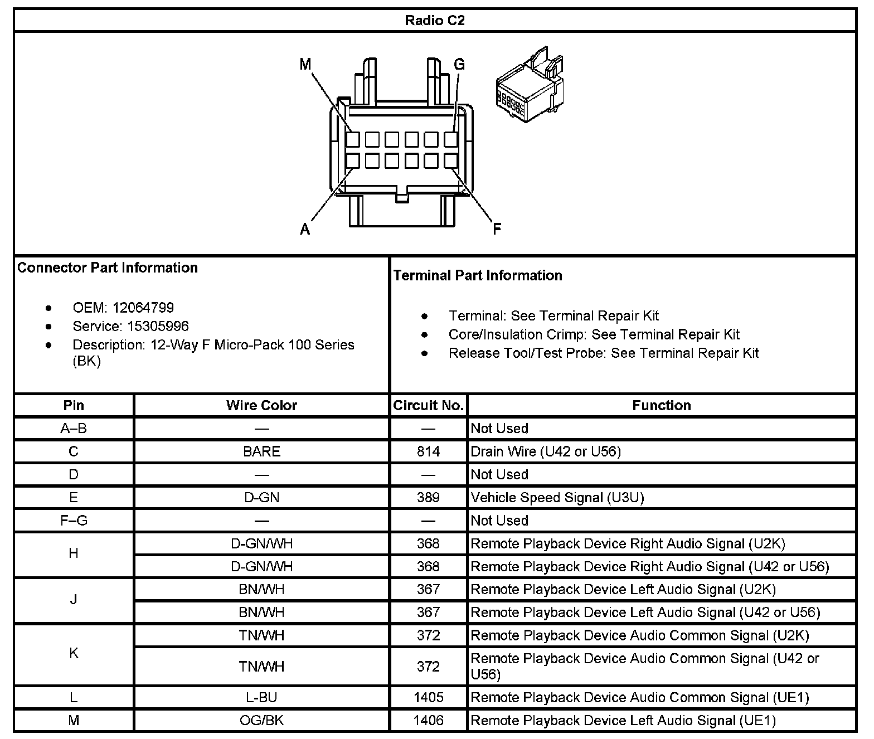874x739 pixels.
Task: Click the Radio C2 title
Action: (434, 21)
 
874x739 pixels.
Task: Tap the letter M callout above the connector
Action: (305, 65)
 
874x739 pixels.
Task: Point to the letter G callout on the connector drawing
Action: (459, 65)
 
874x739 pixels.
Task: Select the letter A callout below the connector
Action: (305, 229)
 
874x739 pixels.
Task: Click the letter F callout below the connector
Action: (497, 229)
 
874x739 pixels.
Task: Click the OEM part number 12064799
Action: (143, 308)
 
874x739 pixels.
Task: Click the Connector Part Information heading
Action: (108, 268)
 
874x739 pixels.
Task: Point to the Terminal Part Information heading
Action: (478, 275)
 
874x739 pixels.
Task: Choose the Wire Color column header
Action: (261, 405)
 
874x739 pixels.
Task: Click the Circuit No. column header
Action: (428, 405)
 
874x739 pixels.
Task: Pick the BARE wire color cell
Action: (261, 451)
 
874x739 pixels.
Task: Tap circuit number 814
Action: (428, 451)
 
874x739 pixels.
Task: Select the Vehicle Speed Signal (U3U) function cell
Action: (557, 497)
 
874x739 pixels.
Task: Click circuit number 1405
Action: (428, 697)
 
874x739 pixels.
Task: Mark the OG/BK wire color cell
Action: (261, 720)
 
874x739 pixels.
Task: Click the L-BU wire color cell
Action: (261, 697)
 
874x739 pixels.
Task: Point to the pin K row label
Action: (74, 653)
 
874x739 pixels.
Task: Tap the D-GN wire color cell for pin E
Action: (261, 497)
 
